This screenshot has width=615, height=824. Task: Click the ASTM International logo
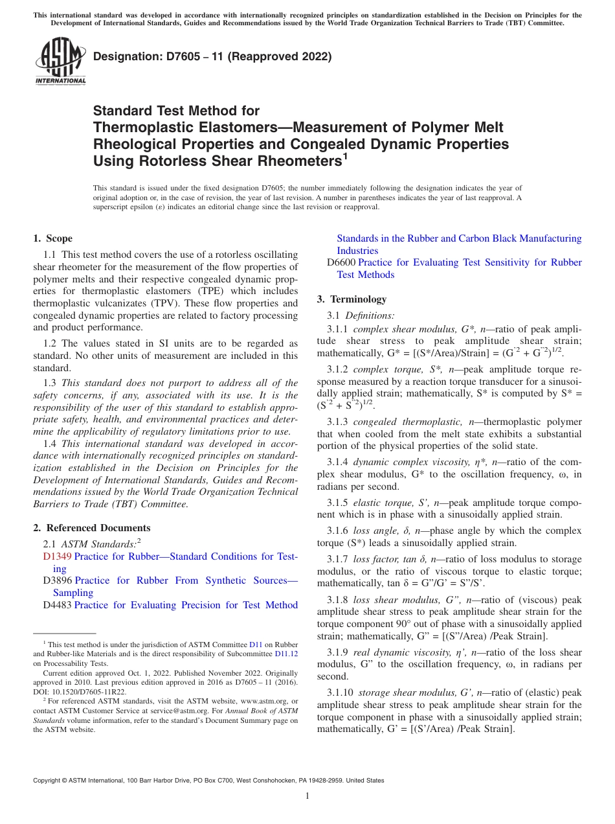60,62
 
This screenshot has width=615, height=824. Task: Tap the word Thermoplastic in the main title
135,128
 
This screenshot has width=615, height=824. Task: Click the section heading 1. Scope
52,238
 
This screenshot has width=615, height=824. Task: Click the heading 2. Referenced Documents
91,528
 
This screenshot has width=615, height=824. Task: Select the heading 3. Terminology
352,299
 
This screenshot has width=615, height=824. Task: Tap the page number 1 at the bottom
307,796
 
